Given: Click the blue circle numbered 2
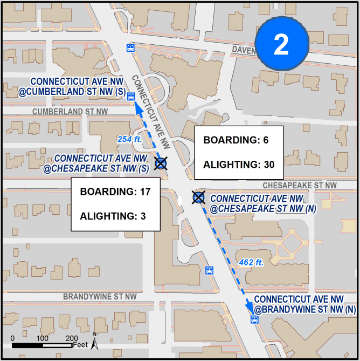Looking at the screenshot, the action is [281, 45].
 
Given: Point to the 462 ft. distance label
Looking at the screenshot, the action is [252, 263].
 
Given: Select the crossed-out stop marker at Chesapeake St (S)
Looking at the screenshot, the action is [161, 164].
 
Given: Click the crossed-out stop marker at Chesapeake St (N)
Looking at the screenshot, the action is [199, 197].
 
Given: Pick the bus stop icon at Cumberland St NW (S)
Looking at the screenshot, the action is [130, 97].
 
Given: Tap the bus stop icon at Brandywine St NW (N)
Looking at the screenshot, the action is [254, 319].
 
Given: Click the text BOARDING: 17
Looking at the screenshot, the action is [114, 192].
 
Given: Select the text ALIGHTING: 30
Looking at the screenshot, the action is [238, 165].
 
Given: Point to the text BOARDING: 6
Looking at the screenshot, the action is [236, 140].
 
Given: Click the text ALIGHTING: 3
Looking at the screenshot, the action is [113, 216].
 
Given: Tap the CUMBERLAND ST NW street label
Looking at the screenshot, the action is [70, 112].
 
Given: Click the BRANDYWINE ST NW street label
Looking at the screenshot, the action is [100, 297].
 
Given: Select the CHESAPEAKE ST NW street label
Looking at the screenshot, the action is [300, 185].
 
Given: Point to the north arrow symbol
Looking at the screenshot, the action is [94, 340].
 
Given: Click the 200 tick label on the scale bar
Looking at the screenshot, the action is [72, 338].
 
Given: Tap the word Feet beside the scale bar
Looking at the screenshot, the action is [81, 345].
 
